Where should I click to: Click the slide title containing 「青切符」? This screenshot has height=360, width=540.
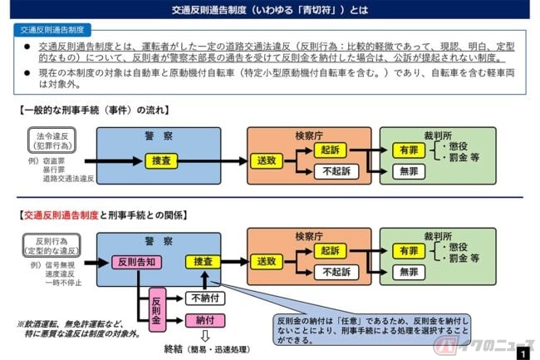point(269,11)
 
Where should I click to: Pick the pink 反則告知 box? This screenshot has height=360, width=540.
point(135,262)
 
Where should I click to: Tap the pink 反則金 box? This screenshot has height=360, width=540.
point(155,306)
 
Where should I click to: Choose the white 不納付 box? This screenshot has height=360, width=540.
point(203,297)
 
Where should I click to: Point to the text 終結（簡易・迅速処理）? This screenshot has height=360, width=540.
point(203,349)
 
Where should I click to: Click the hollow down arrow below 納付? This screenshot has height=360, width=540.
point(203,333)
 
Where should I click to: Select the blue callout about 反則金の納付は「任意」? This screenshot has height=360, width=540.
point(371,329)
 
